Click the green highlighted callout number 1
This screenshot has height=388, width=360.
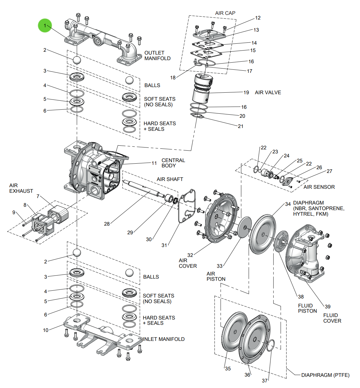point(45,25)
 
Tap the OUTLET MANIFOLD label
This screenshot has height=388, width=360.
point(157,55)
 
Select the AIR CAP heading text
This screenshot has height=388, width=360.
point(225,13)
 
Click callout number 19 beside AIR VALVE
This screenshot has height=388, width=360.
point(246,92)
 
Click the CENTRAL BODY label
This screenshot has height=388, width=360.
point(173,163)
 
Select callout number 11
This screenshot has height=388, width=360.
point(154,163)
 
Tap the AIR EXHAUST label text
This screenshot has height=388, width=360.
point(21,188)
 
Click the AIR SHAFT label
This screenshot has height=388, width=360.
point(170,179)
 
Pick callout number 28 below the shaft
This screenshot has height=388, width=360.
point(107,224)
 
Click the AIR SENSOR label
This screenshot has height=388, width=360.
point(319,187)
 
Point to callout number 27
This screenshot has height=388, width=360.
point(329,171)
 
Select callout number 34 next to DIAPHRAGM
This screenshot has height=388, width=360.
point(288,204)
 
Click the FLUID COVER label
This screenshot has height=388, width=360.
point(332,318)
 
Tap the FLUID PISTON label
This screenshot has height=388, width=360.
point(307,308)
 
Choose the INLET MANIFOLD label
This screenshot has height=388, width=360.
point(164,339)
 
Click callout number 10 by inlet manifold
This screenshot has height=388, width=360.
point(46,330)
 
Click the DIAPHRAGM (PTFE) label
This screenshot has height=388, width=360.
point(325,375)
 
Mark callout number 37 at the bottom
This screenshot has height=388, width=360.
point(265,381)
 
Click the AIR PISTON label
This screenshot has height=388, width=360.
point(216,276)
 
